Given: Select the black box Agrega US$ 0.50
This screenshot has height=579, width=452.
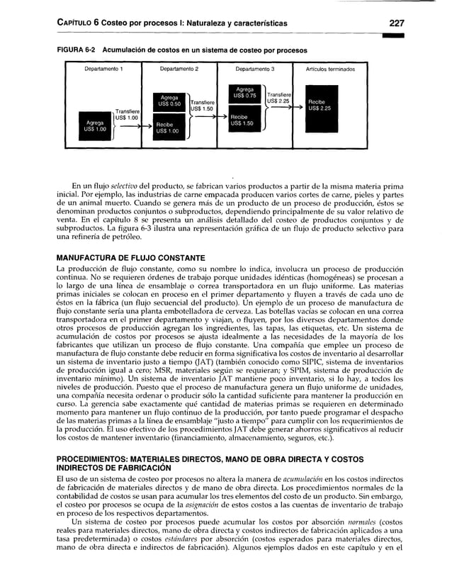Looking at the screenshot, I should click(169, 102).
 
